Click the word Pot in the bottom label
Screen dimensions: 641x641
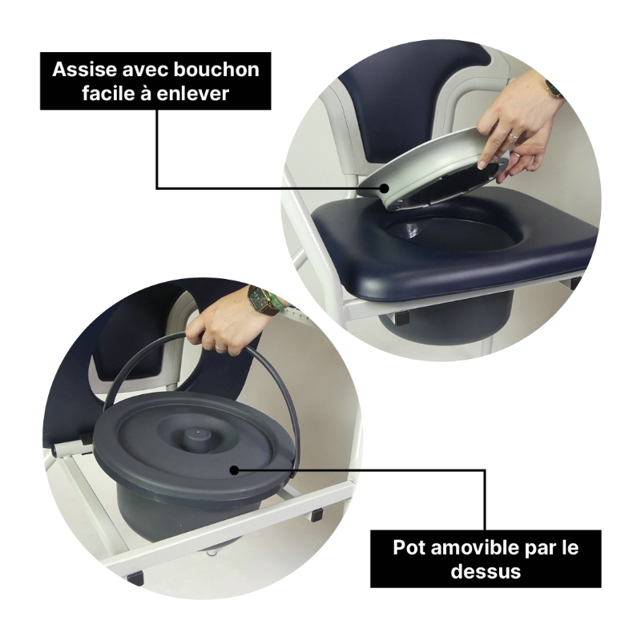coord(409,547)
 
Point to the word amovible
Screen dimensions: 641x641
coord(474,547)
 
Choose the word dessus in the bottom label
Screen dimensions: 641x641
coord(486,571)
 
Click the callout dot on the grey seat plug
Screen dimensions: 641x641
coord(384,188)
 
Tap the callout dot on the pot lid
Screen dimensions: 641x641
coord(234,470)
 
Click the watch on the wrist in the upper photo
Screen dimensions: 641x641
coord(554,88)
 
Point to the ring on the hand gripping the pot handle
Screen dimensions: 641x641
coord(221,347)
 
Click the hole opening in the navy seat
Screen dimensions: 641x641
coord(449,232)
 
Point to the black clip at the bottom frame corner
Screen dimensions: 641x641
coord(135,579)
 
